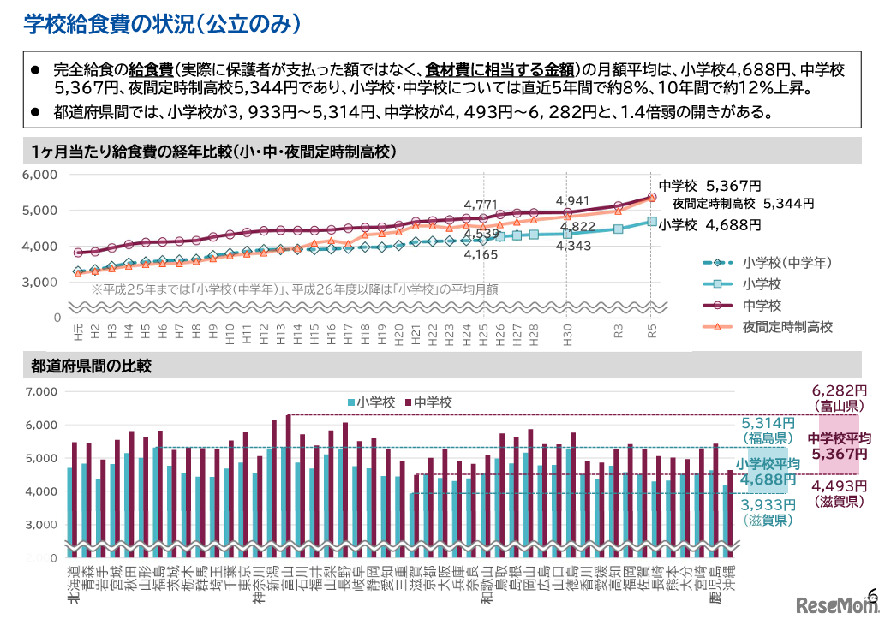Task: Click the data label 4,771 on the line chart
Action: click(x=481, y=205)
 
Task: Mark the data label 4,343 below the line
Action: click(x=573, y=246)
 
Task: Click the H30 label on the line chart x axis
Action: click(x=566, y=329)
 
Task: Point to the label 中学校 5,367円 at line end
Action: click(x=709, y=185)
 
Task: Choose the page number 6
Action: click(x=873, y=593)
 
